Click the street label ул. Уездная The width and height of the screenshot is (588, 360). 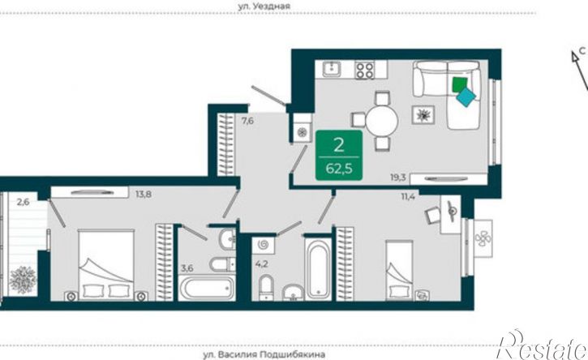pyautogui.click(x=264, y=6)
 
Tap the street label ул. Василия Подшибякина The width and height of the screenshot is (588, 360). pyautogui.click(x=264, y=354)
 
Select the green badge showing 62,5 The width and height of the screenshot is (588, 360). pyautogui.click(x=339, y=155)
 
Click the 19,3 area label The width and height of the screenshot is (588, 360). pyautogui.click(x=398, y=178)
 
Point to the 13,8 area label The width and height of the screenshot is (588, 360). pyautogui.click(x=144, y=195)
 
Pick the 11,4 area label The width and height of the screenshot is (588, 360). pyautogui.click(x=408, y=196)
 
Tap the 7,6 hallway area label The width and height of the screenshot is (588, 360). pyautogui.click(x=247, y=121)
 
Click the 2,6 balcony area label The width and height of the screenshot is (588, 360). pyautogui.click(x=23, y=202)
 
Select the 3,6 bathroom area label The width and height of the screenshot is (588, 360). pyautogui.click(x=187, y=268)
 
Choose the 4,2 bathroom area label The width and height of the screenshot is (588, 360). pyautogui.click(x=261, y=264)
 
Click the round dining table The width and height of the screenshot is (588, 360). pyautogui.click(x=381, y=122)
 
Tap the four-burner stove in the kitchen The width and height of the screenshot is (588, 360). pyautogui.click(x=365, y=70)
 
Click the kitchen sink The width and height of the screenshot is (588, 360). pyautogui.click(x=332, y=69)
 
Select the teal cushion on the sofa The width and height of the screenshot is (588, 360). pyautogui.click(x=466, y=97)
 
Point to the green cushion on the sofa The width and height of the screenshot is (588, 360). pyautogui.click(x=460, y=84)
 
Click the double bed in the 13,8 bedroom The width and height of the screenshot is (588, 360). pyautogui.click(x=106, y=265)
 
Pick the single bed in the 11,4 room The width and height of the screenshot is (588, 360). pyautogui.click(x=399, y=270)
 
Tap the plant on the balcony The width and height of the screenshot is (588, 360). pyautogui.click(x=23, y=280)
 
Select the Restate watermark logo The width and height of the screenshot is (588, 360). pyautogui.click(x=542, y=345)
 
